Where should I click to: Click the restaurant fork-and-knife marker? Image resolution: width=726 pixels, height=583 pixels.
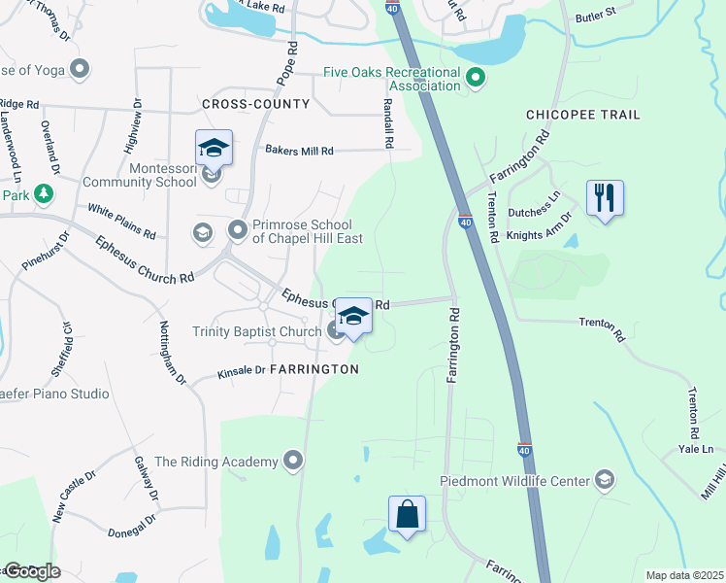(605, 198)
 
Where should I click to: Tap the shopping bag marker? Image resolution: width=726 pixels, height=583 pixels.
(408, 515)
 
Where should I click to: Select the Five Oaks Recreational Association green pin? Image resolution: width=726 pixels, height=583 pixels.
(476, 77)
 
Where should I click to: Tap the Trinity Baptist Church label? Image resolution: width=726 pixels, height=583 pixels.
(256, 331)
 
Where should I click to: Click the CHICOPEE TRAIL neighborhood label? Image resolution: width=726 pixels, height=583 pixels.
(582, 115)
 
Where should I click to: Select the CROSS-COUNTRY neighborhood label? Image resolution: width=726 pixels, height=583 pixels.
(255, 104)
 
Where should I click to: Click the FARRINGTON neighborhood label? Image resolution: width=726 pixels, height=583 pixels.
(313, 369)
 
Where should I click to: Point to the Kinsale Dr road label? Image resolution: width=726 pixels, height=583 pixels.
(242, 370)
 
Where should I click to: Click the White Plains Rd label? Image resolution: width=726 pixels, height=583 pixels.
(121, 222)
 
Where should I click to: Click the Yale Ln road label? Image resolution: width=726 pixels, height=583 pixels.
(695, 449)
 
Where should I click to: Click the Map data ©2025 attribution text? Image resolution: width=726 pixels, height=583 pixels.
(684, 575)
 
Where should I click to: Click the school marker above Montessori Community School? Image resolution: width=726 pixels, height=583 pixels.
(214, 149)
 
